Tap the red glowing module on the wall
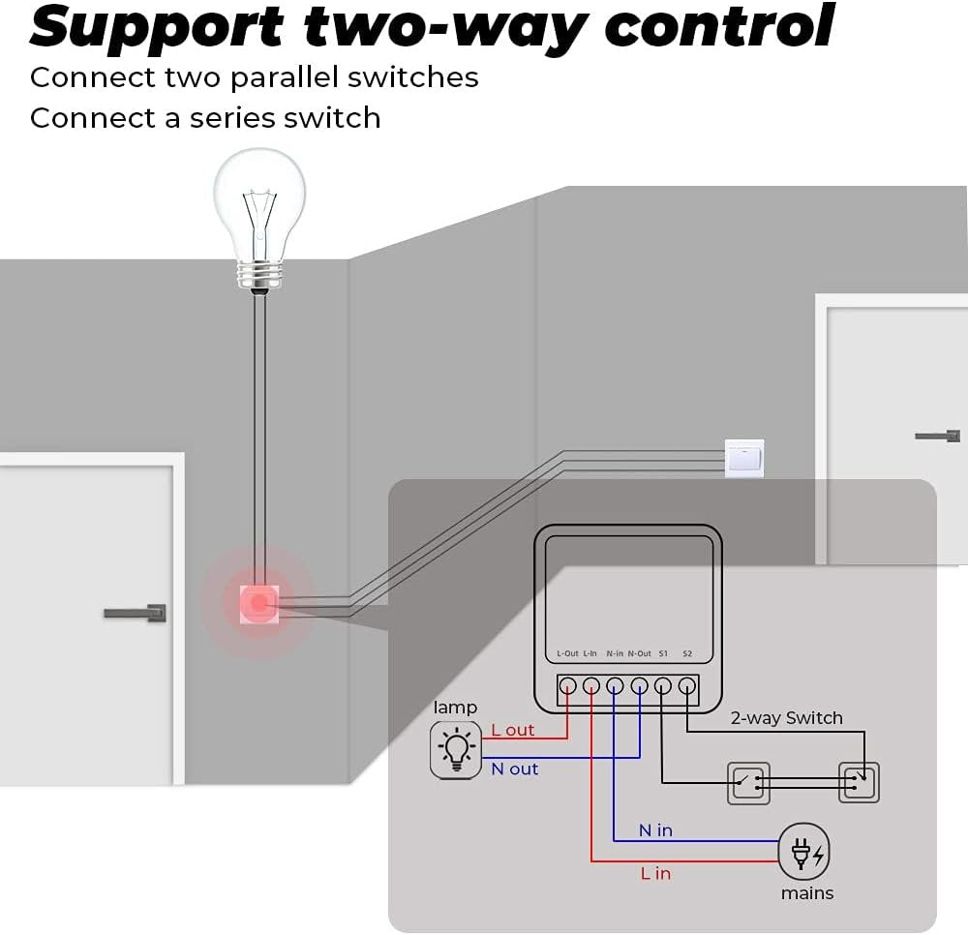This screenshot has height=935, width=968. (258, 603)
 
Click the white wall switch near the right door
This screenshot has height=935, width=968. (744, 459)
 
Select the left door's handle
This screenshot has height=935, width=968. (136, 613)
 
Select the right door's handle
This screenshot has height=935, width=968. (937, 436)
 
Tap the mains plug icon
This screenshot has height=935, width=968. (804, 853)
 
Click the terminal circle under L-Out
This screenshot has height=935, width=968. (568, 686)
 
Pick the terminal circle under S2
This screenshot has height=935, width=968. (686, 686)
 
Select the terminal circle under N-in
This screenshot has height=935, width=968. (615, 686)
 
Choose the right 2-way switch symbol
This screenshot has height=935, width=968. (859, 782)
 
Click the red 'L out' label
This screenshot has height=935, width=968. (513, 730)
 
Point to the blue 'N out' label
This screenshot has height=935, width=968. (515, 769)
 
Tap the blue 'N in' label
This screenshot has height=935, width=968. (655, 830)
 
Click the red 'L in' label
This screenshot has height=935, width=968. (655, 873)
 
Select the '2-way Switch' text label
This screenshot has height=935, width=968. (786, 718)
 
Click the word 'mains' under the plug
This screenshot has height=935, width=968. (807, 893)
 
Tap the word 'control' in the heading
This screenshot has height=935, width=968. (719, 26)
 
